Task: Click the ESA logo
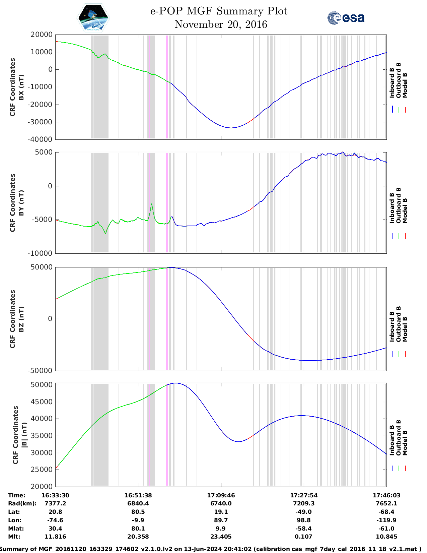(346, 18)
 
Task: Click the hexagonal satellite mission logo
(93, 18)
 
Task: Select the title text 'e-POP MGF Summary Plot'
(219, 11)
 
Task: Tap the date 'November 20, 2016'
(221, 24)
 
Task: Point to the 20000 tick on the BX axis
(42, 35)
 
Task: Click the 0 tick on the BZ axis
(50, 319)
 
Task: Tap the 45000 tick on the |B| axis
(42, 402)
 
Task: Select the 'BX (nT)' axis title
(21, 87)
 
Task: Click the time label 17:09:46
(221, 495)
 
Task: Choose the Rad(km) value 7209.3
(304, 503)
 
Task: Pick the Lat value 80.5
(138, 512)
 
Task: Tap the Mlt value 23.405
(221, 537)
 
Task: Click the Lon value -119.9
(386, 520)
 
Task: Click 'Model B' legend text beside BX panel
(405, 85)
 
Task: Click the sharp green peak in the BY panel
(152, 204)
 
